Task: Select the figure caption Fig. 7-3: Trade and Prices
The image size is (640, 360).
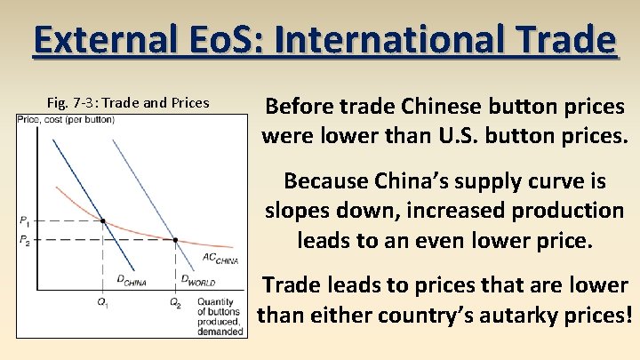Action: [128, 102]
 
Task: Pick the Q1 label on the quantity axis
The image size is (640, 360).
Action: [102, 305]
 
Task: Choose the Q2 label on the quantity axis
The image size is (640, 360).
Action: [175, 305]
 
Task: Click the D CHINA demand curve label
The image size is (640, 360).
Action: [132, 281]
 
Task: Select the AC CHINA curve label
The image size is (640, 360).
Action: [220, 260]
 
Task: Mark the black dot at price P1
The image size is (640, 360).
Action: [103, 220]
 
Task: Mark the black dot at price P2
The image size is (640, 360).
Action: [175, 240]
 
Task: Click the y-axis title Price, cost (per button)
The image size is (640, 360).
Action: [66, 119]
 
